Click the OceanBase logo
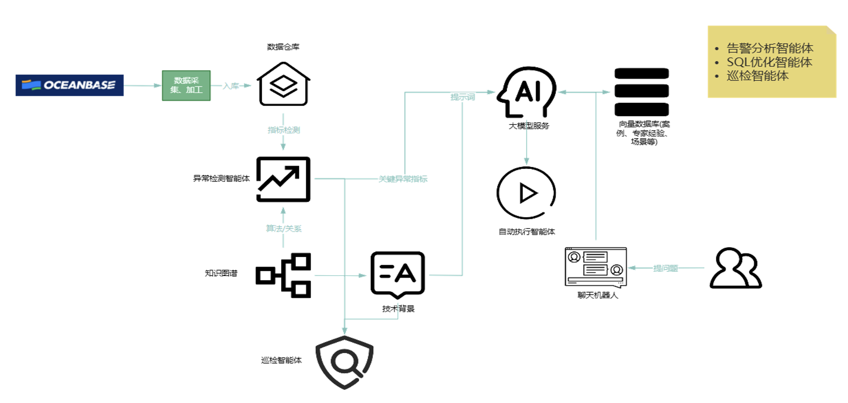(x=70, y=85)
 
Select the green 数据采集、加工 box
(x=186, y=86)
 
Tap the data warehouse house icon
(x=283, y=84)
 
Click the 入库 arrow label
(x=231, y=86)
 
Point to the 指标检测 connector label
(x=284, y=130)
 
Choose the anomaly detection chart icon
(x=283, y=179)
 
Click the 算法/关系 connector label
(x=284, y=228)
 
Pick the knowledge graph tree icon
(x=283, y=276)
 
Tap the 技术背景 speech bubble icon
(x=397, y=274)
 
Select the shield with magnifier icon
(x=344, y=362)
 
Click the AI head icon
(x=527, y=92)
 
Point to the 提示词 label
(x=463, y=97)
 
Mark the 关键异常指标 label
(x=403, y=179)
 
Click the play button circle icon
(x=527, y=193)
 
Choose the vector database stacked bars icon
(x=641, y=92)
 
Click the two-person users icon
(x=735, y=268)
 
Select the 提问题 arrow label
(x=665, y=268)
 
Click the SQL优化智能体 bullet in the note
(x=769, y=62)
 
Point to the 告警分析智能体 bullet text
(x=770, y=48)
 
